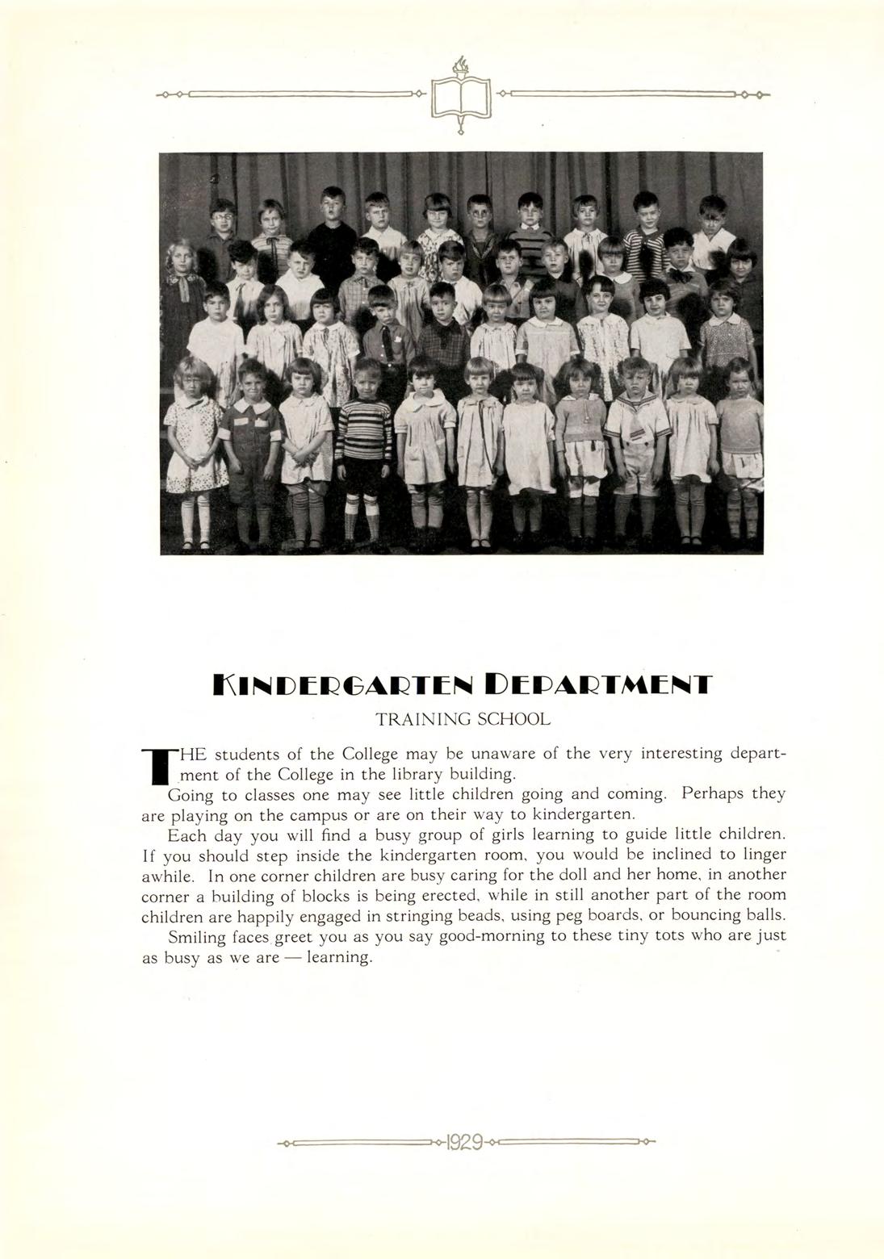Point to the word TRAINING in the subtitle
point(423,718)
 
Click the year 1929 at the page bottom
point(463,1142)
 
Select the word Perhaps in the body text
point(712,793)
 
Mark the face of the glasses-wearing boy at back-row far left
point(221,216)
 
